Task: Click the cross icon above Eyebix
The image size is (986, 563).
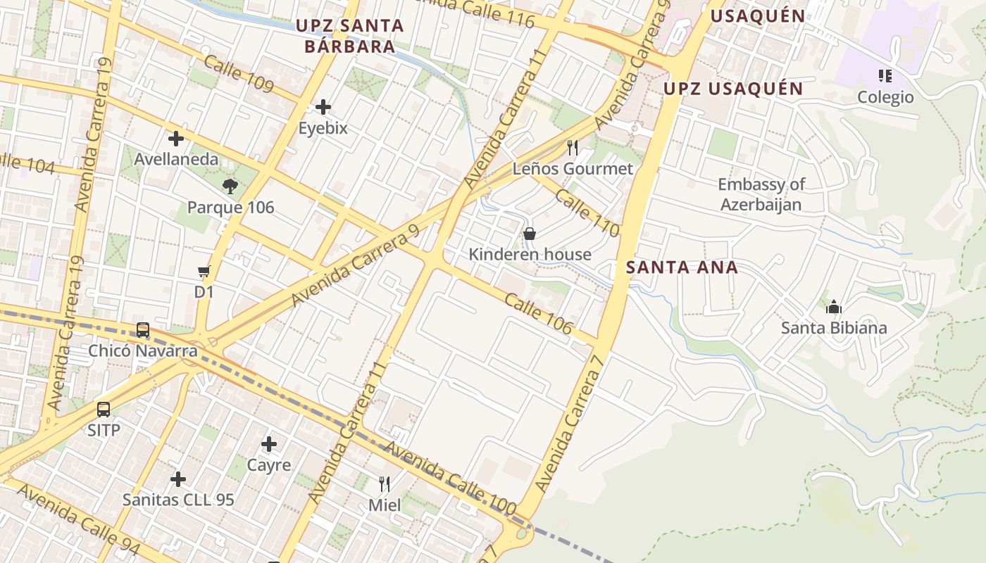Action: click(323, 107)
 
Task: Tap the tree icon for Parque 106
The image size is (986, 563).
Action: click(230, 186)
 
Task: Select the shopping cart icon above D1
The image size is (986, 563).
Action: click(204, 271)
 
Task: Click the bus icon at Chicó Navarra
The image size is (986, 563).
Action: click(143, 329)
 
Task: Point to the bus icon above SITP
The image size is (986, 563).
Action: click(104, 409)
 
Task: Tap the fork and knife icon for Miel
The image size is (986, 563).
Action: click(385, 483)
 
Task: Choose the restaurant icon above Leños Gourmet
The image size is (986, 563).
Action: click(573, 147)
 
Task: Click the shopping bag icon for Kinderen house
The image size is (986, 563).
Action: click(530, 233)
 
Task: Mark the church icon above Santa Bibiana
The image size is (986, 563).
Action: click(834, 307)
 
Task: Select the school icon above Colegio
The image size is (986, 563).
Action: click(885, 75)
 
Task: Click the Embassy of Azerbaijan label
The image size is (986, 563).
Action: click(761, 194)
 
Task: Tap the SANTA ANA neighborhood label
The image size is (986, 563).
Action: click(682, 267)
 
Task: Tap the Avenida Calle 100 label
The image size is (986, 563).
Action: click(450, 479)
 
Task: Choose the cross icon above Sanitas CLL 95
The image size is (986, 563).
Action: click(178, 479)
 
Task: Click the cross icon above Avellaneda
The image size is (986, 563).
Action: click(176, 139)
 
